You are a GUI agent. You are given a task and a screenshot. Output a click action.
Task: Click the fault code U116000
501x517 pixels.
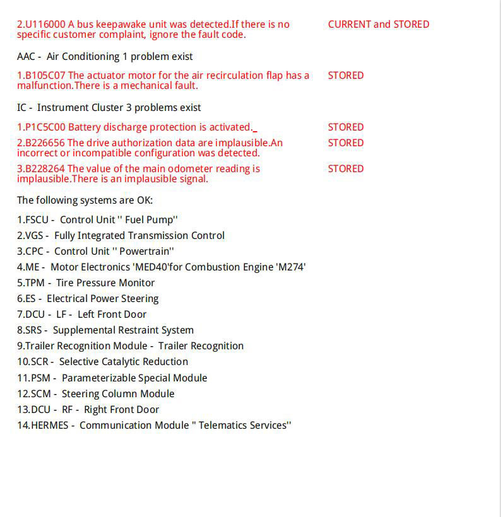[x=45, y=25]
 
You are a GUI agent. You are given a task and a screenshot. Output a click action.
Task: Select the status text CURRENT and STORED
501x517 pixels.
[x=379, y=25]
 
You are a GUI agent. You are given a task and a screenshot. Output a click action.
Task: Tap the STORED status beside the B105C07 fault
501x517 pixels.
[x=346, y=76]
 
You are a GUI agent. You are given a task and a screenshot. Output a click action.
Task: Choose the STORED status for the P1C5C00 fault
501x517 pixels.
[x=346, y=127]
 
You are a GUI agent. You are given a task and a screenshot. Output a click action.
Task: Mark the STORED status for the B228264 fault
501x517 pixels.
[x=346, y=169]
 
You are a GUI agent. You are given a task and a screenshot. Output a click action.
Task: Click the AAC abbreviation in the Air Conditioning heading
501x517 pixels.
[x=26, y=57]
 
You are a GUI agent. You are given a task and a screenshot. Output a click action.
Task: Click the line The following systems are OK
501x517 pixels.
[x=85, y=200]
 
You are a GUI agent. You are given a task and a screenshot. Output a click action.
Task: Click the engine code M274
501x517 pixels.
[x=291, y=267]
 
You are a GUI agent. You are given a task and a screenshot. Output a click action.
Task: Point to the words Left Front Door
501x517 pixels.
[x=112, y=315]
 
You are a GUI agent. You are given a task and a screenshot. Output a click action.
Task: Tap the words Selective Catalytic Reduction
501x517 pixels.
[x=124, y=362]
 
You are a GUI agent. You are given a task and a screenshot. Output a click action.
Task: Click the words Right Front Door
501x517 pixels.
[x=122, y=410]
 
